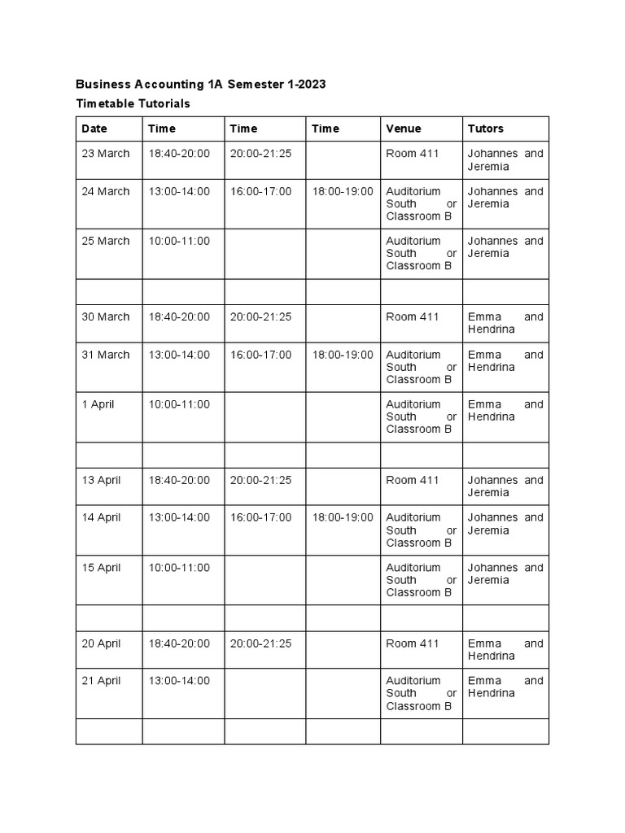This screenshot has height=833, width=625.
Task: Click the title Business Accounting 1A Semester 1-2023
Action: click(200, 85)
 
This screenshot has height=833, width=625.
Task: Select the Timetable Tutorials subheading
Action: click(133, 103)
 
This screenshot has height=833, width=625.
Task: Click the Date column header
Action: click(94, 129)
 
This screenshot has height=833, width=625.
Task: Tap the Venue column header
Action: click(404, 129)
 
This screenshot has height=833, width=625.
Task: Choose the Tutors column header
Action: click(486, 129)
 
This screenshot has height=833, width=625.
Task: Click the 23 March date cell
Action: click(106, 154)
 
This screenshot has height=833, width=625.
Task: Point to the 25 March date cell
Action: click(106, 241)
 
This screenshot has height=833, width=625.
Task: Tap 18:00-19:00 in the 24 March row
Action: click(343, 191)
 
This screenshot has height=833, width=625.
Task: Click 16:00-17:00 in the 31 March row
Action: click(260, 355)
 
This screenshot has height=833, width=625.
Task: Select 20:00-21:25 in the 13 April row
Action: click(260, 480)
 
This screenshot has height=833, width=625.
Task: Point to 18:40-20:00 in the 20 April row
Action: click(179, 643)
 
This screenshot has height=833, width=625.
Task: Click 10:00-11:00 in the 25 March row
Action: click(179, 241)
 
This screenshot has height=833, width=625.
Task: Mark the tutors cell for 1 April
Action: click(505, 410)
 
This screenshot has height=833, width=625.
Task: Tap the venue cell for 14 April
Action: click(421, 530)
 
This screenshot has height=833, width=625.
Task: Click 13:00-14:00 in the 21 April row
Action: click(179, 681)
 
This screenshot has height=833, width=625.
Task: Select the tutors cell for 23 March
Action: click(505, 159)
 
